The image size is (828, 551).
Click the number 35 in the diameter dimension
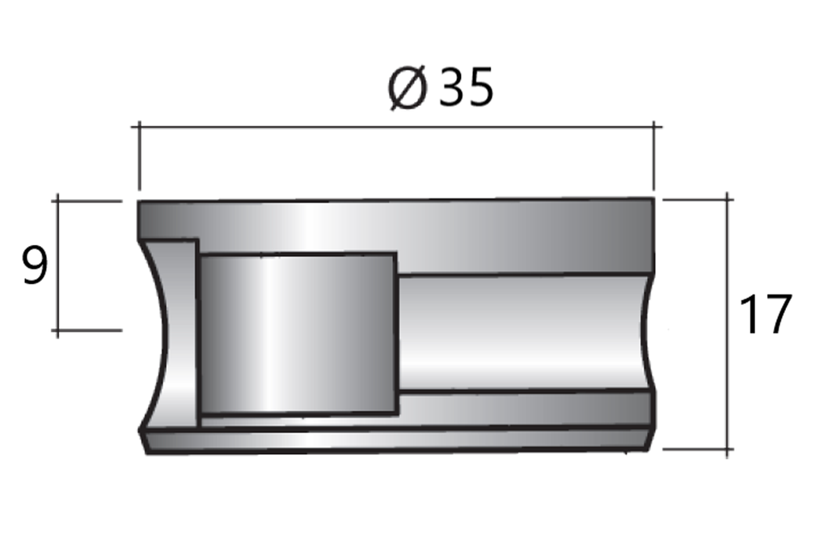coord(466,89)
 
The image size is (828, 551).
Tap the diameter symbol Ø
coord(407,89)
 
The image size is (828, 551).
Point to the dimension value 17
coord(764,316)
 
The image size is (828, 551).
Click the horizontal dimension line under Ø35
coord(396,126)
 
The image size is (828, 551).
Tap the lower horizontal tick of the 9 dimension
coord(89,330)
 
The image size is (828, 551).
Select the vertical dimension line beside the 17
coord(729,324)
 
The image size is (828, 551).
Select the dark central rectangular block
coord(297,333)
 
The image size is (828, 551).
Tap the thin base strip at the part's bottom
coord(396,439)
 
